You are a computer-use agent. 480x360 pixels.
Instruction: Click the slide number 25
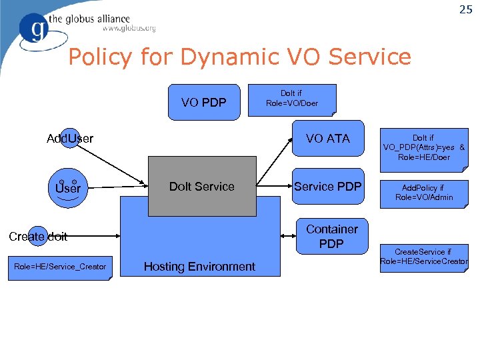pyautogui.click(x=465, y=9)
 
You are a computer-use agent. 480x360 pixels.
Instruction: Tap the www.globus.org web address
pyautogui.click(x=129, y=29)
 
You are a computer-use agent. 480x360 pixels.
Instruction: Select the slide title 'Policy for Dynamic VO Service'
pyautogui.click(x=239, y=57)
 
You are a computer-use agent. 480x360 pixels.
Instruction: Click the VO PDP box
pyautogui.click(x=203, y=102)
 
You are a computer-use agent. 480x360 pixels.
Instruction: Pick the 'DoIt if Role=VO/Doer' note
pyautogui.click(x=292, y=99)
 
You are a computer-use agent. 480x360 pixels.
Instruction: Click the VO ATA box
pyautogui.click(x=328, y=138)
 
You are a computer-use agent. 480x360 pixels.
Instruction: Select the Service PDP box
pyautogui.click(x=328, y=187)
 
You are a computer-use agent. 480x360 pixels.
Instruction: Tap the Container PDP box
pyautogui.click(x=331, y=237)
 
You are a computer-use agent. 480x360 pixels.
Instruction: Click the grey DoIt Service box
pyautogui.click(x=201, y=187)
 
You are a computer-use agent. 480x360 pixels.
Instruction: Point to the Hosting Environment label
pyautogui.click(x=199, y=267)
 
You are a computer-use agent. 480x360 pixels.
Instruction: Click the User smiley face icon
pyautogui.click(x=67, y=187)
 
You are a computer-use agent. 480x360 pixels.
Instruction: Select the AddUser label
pyautogui.click(x=70, y=139)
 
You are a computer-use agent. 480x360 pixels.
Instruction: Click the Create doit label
pyautogui.click(x=38, y=236)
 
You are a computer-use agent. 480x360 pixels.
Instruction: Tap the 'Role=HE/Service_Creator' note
pyautogui.click(x=60, y=267)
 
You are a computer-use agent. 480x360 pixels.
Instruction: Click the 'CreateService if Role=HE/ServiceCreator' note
pyautogui.click(x=424, y=257)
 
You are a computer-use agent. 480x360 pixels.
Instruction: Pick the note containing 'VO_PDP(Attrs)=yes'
pyautogui.click(x=424, y=148)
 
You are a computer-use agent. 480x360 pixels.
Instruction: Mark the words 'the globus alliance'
pyautogui.click(x=97, y=19)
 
